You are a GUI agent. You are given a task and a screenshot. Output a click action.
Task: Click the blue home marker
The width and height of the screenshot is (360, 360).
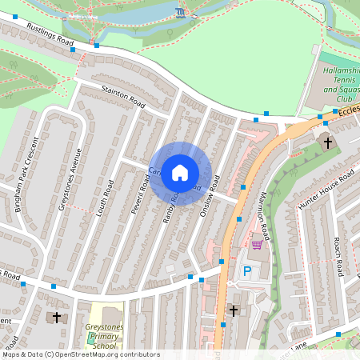pyautogui.click(x=180, y=172)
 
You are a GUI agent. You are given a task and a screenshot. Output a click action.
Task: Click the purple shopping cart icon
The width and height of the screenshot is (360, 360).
pyautogui.click(x=256, y=245)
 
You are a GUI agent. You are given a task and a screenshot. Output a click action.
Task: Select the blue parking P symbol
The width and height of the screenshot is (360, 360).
pyautogui.click(x=247, y=271)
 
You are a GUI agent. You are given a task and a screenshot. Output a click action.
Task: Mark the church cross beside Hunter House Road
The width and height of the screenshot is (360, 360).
pyautogui.click(x=326, y=142)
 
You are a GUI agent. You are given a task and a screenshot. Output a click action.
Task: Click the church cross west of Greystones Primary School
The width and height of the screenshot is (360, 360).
pyautogui.click(x=56, y=317)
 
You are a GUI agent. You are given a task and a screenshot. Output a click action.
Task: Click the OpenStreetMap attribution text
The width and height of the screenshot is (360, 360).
pyautogui.click(x=80, y=354)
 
